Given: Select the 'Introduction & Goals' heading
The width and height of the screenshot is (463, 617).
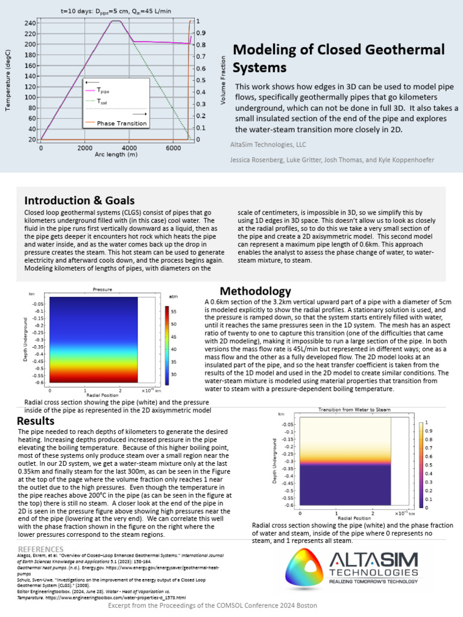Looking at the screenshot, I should pos(79,201).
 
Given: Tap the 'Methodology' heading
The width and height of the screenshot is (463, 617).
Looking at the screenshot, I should pos(255,292).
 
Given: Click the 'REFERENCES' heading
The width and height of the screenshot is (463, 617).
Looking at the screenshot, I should pos(40,549).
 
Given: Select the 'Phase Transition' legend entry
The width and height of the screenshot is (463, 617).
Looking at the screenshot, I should pos(122,124).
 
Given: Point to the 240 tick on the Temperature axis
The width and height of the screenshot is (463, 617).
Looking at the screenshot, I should pos(29,23).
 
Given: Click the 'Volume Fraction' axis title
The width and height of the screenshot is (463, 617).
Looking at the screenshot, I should pos(222,81).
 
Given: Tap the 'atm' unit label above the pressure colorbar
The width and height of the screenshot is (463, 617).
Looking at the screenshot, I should pos(173,297).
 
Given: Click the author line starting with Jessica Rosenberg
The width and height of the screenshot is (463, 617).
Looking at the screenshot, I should pos(331,160).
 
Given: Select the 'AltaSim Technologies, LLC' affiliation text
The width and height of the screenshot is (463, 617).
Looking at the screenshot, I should pos(268,145).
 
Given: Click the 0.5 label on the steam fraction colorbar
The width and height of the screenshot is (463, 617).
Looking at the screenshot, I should pos(429,465).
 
